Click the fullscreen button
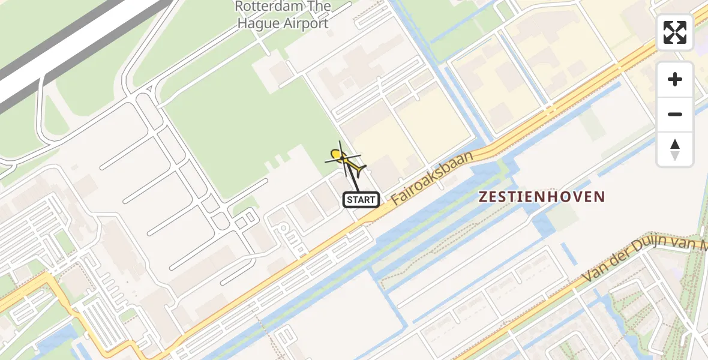point(675,32)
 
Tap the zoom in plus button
point(675,79)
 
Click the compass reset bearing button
point(675,149)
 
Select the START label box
point(361,200)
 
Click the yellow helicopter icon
point(344,159)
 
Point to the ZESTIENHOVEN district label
point(542,196)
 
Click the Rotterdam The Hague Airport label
point(283,15)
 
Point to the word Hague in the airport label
point(257,24)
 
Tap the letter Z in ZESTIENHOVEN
point(483,197)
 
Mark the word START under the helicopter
point(361,200)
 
